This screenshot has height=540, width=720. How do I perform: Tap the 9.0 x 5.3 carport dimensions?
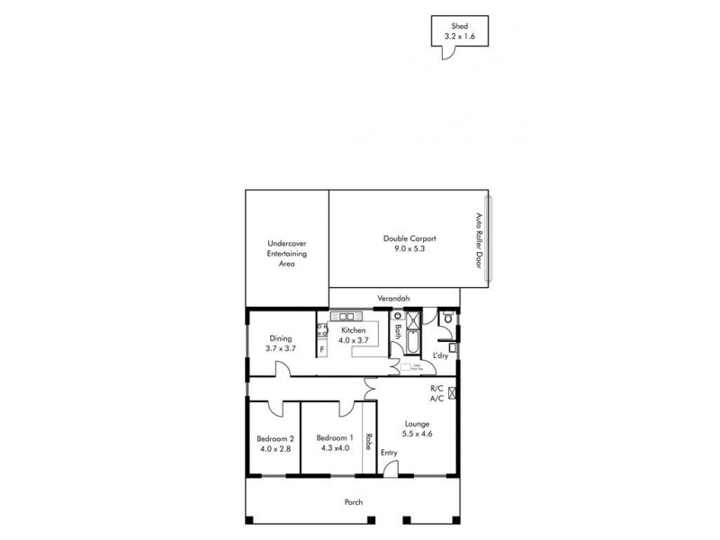point(409,248)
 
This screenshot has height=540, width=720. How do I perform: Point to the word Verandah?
point(393,299)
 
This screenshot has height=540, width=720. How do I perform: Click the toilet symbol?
point(445,318)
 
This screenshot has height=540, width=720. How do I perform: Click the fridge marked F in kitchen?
point(321,348)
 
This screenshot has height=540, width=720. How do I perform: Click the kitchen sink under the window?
point(346,317)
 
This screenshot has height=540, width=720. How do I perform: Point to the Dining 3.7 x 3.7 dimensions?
point(281,347)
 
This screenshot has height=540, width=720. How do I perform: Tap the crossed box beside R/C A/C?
point(452,392)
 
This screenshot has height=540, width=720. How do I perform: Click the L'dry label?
point(440,356)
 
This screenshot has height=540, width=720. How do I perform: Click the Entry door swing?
point(389,468)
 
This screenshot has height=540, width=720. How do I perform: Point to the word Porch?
point(352,502)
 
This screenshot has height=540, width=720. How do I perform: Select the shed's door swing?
point(444,52)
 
